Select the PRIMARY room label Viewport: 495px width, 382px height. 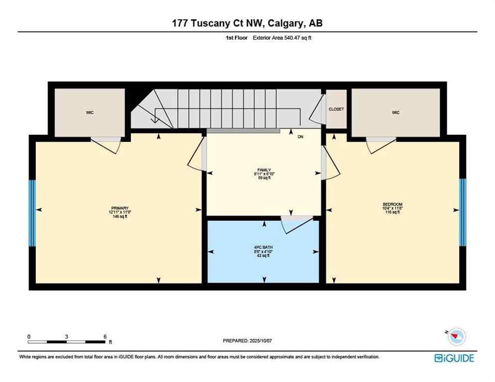click(x=120, y=208)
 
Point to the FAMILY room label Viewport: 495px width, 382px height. click(x=263, y=170)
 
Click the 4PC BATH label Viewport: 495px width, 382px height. click(x=263, y=247)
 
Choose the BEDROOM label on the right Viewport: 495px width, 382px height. click(x=392, y=204)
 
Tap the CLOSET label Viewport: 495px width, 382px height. click(x=336, y=109)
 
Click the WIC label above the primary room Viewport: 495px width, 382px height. click(x=90, y=112)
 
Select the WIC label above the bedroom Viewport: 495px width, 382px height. click(x=395, y=112)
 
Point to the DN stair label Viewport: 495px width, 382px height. click(x=300, y=136)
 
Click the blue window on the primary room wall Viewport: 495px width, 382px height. click(x=32, y=213)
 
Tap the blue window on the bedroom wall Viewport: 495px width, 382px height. click(x=462, y=212)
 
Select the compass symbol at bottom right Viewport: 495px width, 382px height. click(x=456, y=337)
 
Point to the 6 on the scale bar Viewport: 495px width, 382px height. click(x=105, y=336)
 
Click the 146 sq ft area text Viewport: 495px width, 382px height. click(x=120, y=216)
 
